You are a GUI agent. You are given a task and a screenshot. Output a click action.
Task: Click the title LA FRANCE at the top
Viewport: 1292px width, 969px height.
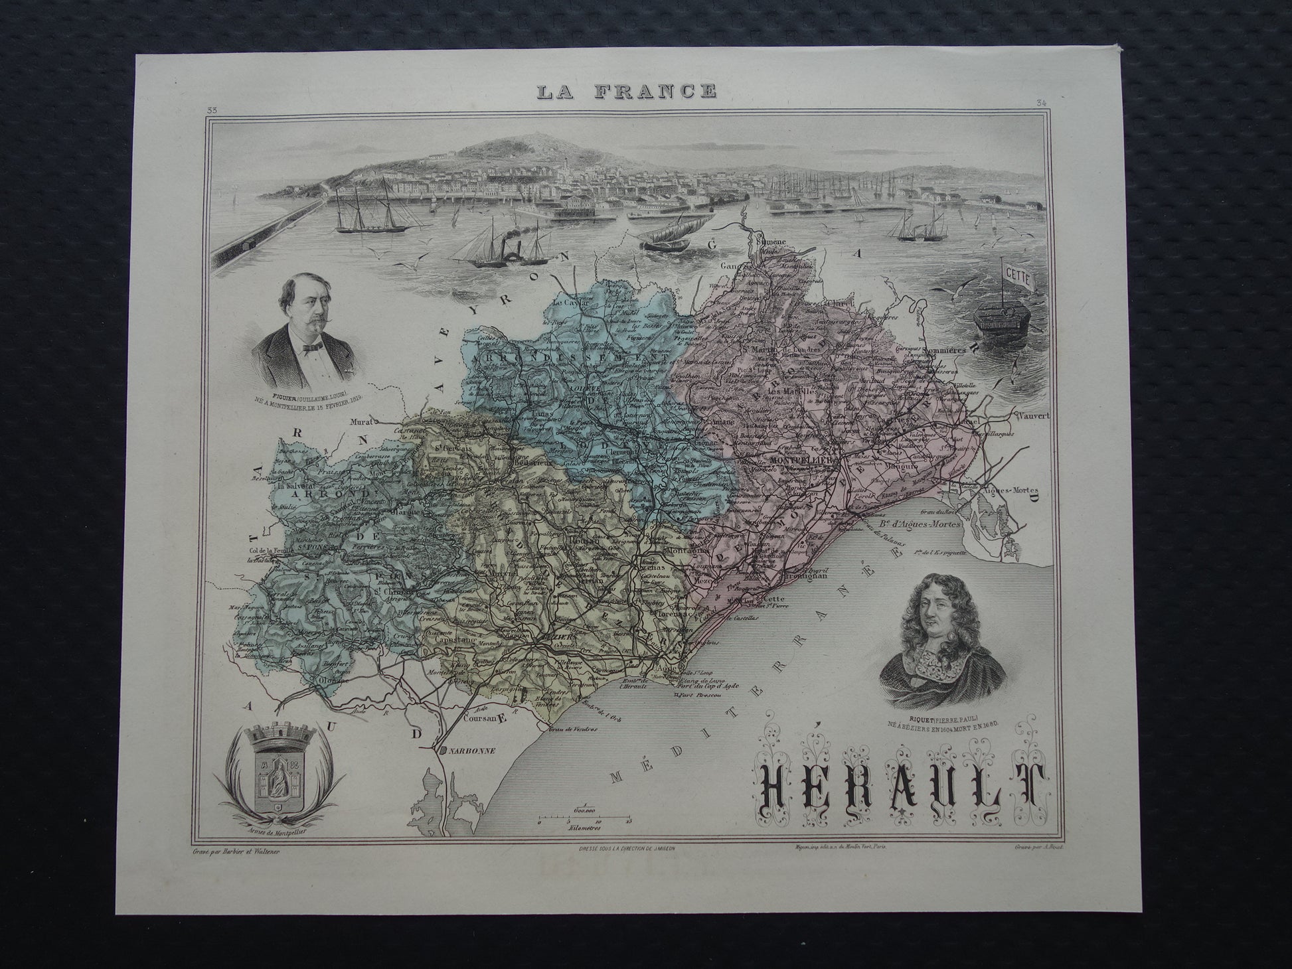pyautogui.click(x=627, y=91)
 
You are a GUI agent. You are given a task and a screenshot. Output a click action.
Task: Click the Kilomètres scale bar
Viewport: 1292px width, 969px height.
pyautogui.click(x=584, y=820)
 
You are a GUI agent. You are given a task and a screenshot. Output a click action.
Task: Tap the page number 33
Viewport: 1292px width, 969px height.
pyautogui.click(x=212, y=110)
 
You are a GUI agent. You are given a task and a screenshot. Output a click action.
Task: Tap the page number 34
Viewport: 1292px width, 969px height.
pyautogui.click(x=1040, y=102)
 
